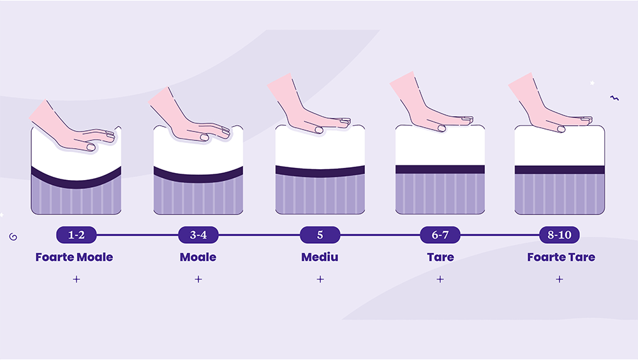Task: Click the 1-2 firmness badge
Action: coord(76,235)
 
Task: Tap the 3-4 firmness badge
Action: coord(198,235)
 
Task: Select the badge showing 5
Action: coord(320,235)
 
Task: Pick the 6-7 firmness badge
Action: coord(440,235)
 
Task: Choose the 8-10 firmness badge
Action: coord(560,235)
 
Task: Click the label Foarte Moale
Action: coord(74,257)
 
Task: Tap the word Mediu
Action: coord(320,257)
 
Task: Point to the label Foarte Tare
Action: coord(561,257)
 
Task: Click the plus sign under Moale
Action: coord(198,279)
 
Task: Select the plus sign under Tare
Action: coord(440,279)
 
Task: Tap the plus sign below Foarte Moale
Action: coord(76,279)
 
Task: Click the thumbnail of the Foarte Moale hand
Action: coord(91,147)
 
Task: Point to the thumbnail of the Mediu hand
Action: coord(319,130)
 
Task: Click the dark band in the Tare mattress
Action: coord(440,169)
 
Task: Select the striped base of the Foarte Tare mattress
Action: coord(560,194)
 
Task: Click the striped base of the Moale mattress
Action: coord(198,197)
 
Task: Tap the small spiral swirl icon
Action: coord(13,237)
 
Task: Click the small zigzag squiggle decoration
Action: coord(614,98)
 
